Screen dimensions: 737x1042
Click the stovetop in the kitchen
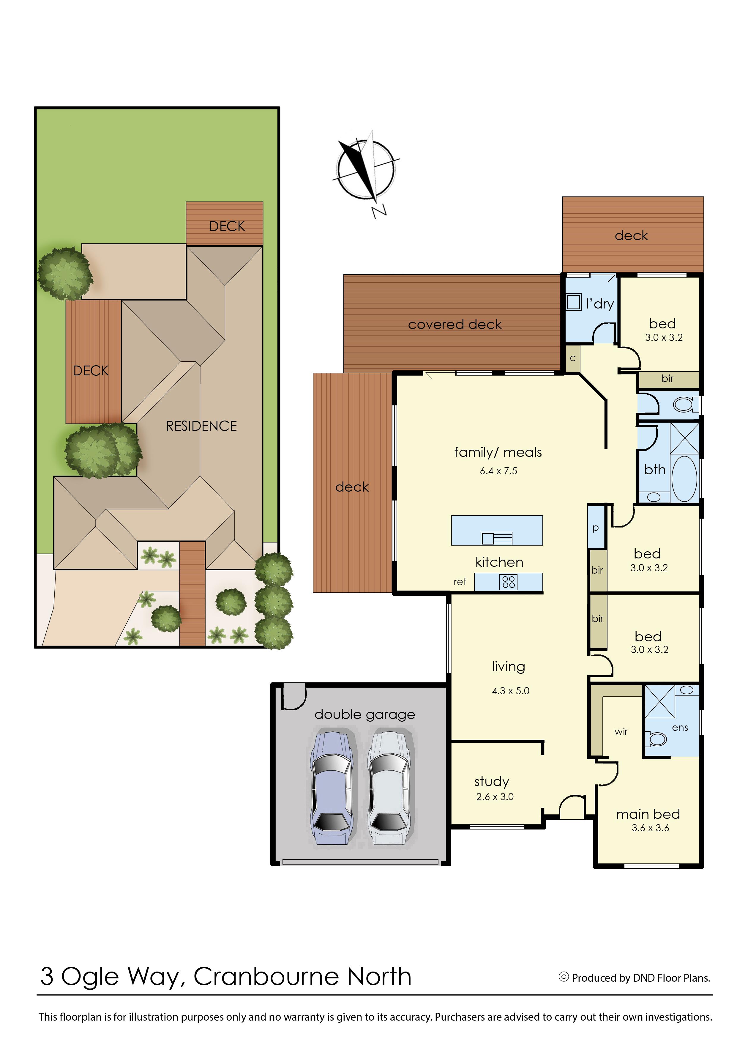[508, 582]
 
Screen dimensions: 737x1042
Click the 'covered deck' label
[455, 324]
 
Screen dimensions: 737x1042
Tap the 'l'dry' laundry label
[599, 304]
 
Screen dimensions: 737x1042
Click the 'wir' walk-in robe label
[621, 731]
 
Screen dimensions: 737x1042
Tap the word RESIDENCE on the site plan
[201, 426]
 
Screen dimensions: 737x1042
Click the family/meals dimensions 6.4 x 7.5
[498, 471]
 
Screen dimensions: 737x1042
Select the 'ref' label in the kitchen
[460, 582]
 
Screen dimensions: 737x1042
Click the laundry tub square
[574, 302]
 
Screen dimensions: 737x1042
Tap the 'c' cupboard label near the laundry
[573, 358]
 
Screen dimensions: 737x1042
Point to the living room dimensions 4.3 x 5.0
[511, 691]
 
